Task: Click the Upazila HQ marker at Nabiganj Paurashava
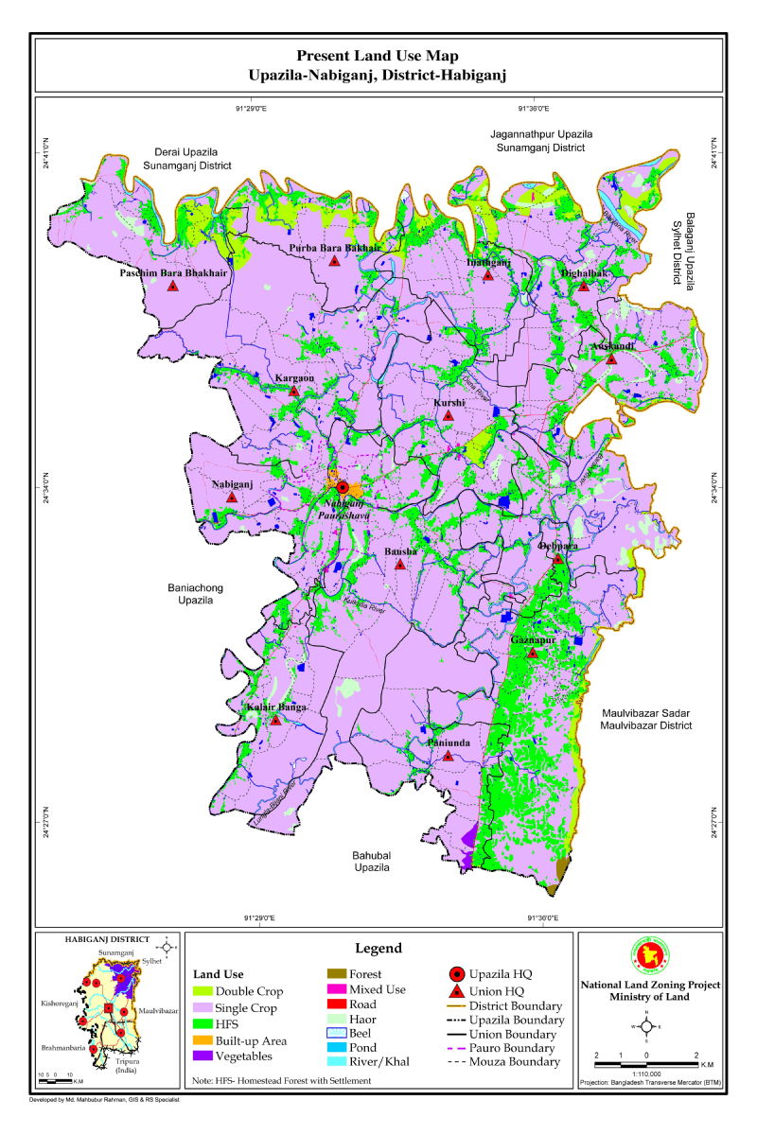click(343, 488)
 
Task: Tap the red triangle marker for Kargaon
click(294, 391)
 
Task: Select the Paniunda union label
click(449, 743)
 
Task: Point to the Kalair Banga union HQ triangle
click(275, 720)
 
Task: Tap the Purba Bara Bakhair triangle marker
click(334, 260)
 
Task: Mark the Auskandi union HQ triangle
click(611, 358)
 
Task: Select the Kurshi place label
click(449, 403)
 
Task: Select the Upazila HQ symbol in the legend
click(455, 974)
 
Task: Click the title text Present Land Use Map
click(378, 57)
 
